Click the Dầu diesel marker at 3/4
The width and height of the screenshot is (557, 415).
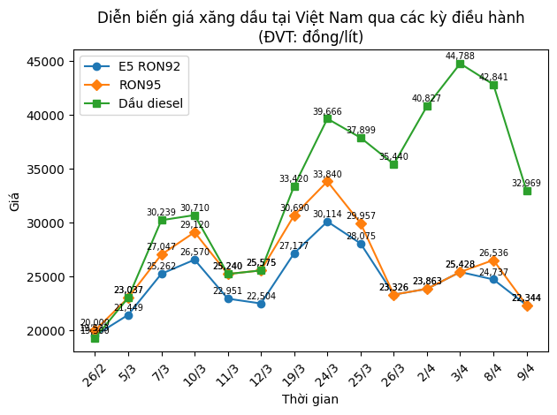[x=460, y=64]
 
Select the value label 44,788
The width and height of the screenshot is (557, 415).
[x=460, y=57]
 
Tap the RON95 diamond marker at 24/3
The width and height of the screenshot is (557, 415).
[x=327, y=181]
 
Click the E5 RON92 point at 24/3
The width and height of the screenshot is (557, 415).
[x=327, y=222]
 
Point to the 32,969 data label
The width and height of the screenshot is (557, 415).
[x=526, y=184]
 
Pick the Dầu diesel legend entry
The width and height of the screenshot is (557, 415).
[x=151, y=103]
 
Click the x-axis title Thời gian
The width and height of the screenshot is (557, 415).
[x=310, y=400]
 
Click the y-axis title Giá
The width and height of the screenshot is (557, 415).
[x=15, y=201]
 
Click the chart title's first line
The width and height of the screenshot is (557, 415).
[x=310, y=18]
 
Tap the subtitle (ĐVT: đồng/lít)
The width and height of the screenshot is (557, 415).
[x=310, y=37]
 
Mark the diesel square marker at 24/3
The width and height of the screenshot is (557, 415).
[x=327, y=118]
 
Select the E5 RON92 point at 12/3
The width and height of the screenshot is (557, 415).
[x=261, y=304]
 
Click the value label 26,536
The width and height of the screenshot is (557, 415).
[x=493, y=253]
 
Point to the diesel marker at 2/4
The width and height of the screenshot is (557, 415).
[x=427, y=106]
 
